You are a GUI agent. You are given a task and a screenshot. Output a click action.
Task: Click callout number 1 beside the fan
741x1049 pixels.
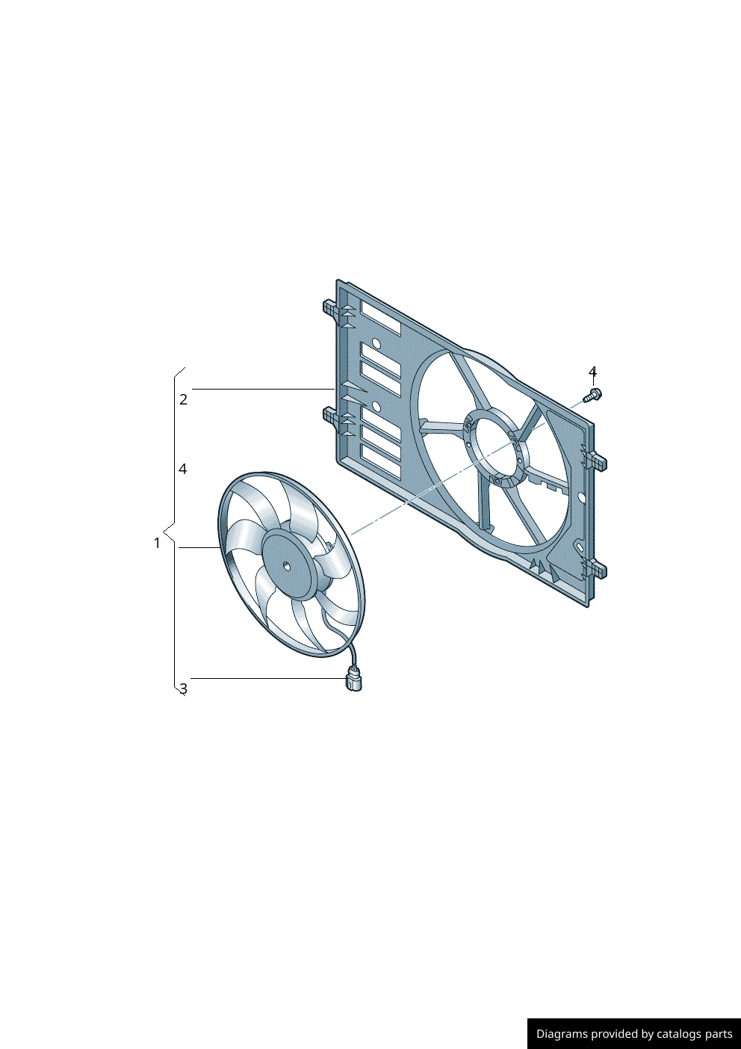tap(157, 544)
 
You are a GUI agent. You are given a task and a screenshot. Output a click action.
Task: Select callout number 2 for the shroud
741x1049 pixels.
tap(183, 399)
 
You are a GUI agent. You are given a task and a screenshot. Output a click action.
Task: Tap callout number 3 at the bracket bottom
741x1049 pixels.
tap(183, 689)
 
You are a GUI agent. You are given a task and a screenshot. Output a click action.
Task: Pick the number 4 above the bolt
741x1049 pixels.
tap(592, 372)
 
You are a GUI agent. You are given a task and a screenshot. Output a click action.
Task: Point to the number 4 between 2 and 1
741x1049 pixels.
tap(182, 469)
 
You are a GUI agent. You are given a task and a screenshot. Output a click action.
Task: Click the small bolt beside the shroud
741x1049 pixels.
tap(592, 396)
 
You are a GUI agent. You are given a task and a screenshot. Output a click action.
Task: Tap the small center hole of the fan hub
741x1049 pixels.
tap(287, 567)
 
